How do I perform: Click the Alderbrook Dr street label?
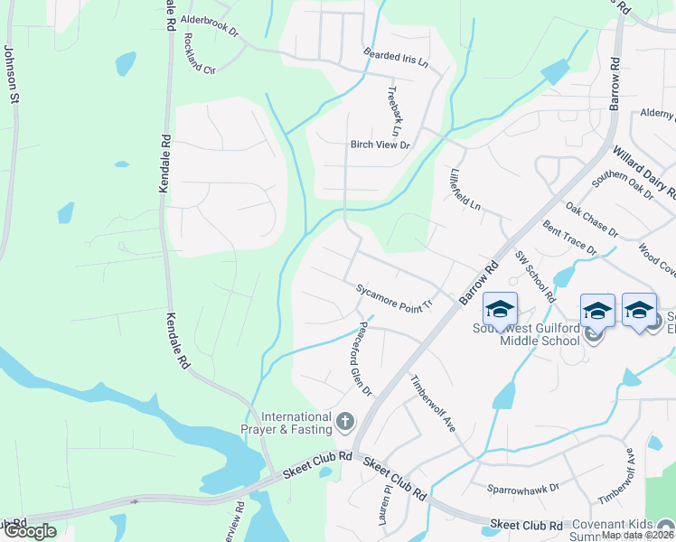[209, 24]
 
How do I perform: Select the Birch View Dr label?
[380, 145]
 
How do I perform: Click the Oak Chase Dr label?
[591, 220]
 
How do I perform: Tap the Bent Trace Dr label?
[569, 238]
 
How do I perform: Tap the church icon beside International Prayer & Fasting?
[344, 421]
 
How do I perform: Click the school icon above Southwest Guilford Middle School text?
[500, 309]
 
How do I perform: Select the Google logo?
[30, 531]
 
